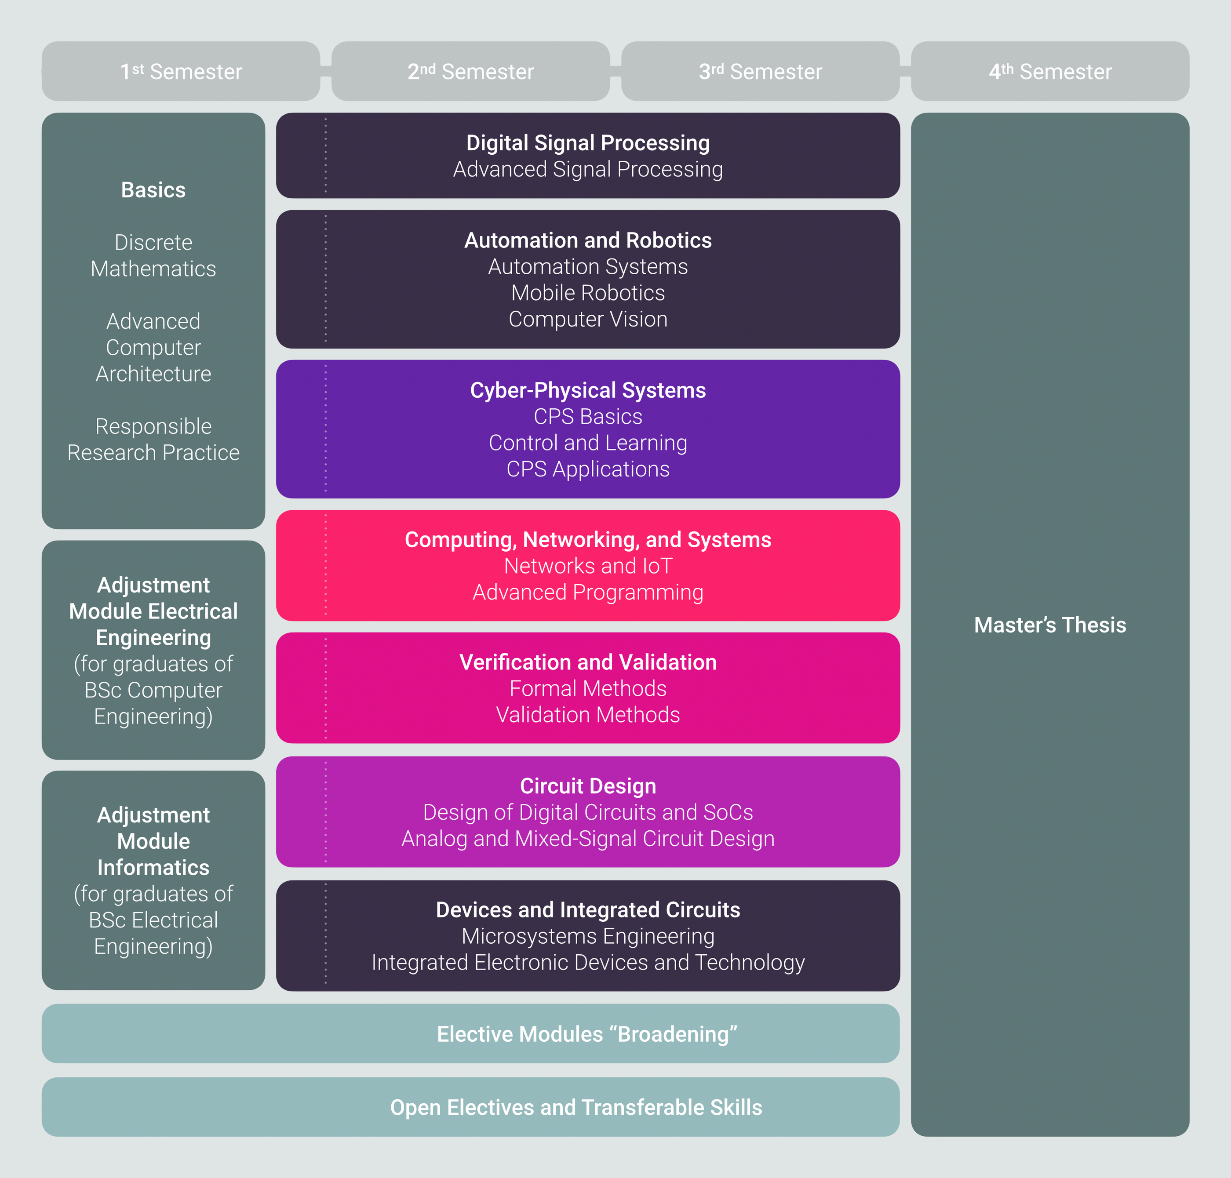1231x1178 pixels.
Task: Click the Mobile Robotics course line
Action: point(588,293)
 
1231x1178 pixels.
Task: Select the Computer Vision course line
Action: point(588,319)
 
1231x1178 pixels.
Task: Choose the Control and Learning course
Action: point(588,443)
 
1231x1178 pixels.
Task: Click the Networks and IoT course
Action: point(588,566)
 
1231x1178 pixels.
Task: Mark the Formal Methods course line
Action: point(588,688)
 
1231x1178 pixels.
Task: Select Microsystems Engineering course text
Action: point(588,936)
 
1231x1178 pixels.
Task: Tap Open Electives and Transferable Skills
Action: point(576,1108)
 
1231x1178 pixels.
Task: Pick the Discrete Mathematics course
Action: point(153,255)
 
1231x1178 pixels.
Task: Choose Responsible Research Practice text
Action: point(153,440)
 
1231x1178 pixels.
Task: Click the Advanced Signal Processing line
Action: point(588,169)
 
